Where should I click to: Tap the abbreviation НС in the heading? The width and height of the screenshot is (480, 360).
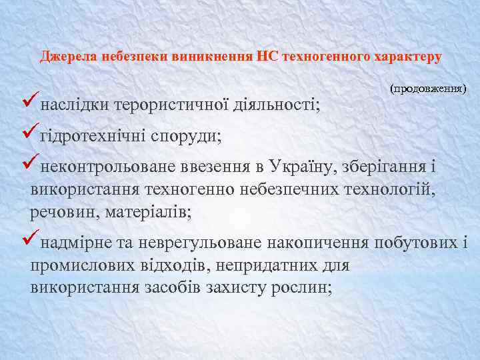(268, 57)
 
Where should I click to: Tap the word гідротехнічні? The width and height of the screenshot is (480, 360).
(93, 136)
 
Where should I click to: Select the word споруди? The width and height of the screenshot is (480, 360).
(187, 136)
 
